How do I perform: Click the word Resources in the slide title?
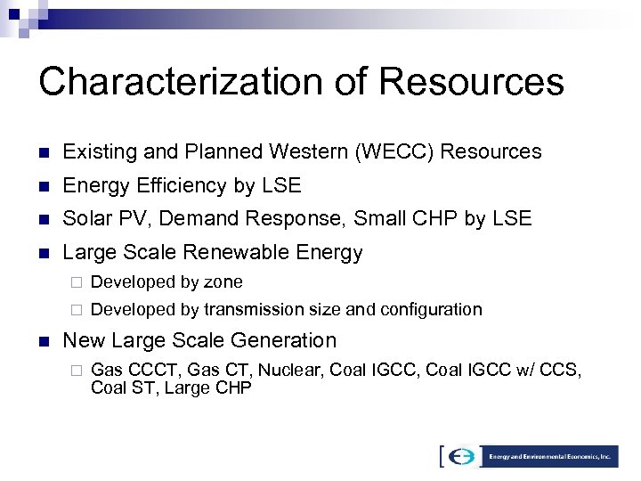(x=472, y=82)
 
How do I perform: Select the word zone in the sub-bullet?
(x=223, y=282)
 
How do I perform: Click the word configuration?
(x=432, y=310)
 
